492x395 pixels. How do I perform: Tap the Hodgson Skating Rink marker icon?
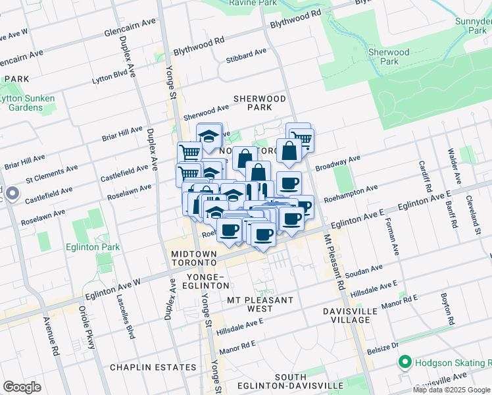pyautogui.click(x=404, y=363)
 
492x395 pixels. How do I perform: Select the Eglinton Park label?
pyautogui.click(x=90, y=247)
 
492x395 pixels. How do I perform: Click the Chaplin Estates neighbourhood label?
pyautogui.click(x=144, y=367)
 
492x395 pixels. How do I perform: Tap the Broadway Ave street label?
pyautogui.click(x=337, y=162)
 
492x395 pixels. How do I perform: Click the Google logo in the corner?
pyautogui.click(x=22, y=387)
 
